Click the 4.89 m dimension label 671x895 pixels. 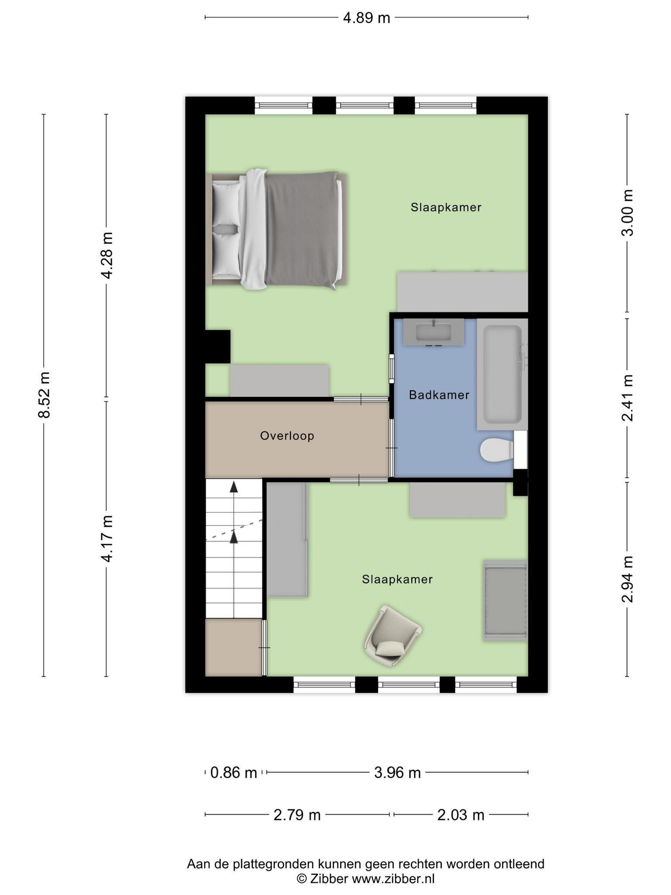pos(366,18)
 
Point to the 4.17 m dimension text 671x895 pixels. pos(107,538)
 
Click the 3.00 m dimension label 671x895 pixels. pos(627,212)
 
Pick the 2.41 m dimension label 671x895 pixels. pos(627,398)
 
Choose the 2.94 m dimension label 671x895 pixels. pos(627,579)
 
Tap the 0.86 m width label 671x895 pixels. pos(234,773)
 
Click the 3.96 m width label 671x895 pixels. pos(398,773)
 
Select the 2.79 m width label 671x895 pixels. pos(297,815)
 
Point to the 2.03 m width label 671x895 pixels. pos(461,815)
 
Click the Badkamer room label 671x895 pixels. pos(439,395)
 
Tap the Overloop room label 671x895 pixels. pos(287,436)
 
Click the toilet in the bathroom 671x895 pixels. pos(497,450)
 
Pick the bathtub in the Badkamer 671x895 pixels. pos(502,374)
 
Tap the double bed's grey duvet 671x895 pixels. pos(301,229)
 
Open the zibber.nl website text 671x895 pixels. pos(393,879)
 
